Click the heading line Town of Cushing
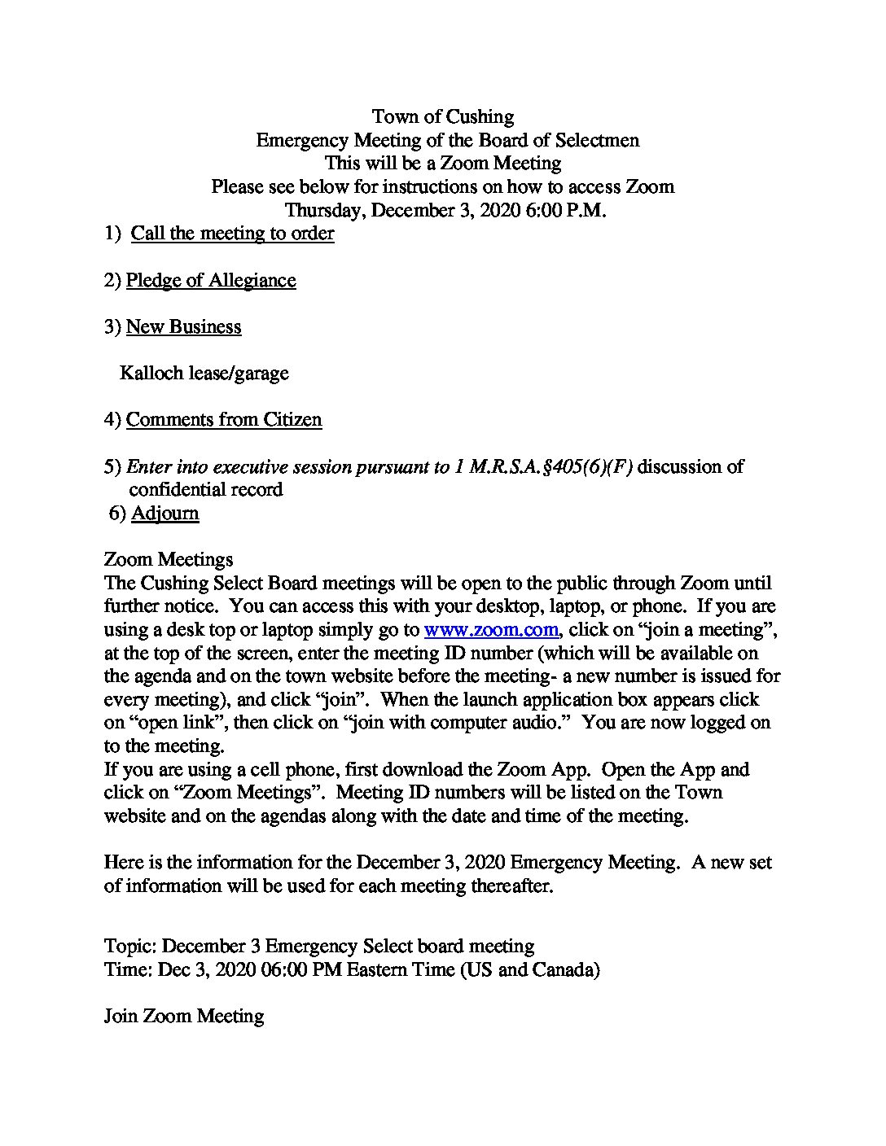coord(442,117)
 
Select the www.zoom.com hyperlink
coord(491,629)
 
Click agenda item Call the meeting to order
coord(232,234)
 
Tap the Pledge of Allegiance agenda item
coord(210,281)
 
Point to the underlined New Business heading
coord(183,327)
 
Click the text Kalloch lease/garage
coord(204,374)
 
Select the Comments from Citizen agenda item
coord(223,420)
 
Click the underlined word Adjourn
coord(164,514)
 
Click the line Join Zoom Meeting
coord(184,1017)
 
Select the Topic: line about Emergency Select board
coord(319,947)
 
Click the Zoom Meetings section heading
coord(169,560)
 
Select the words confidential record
coord(206,490)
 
